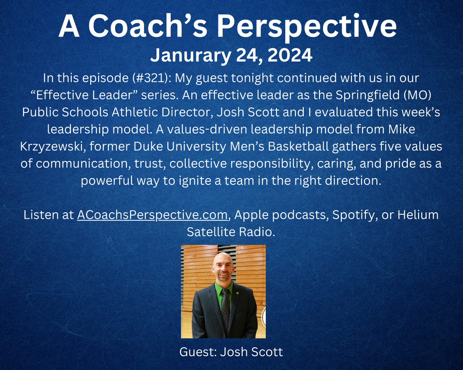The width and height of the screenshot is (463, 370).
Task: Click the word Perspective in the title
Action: (307, 26)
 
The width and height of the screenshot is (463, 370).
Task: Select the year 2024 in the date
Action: (290, 55)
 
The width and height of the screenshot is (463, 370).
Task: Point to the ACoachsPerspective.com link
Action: (152, 215)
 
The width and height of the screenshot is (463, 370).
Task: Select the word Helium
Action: (418, 215)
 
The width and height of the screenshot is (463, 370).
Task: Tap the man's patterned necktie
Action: (225, 311)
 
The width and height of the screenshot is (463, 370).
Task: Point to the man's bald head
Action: (223, 259)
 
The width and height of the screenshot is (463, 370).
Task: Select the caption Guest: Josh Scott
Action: (231, 351)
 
